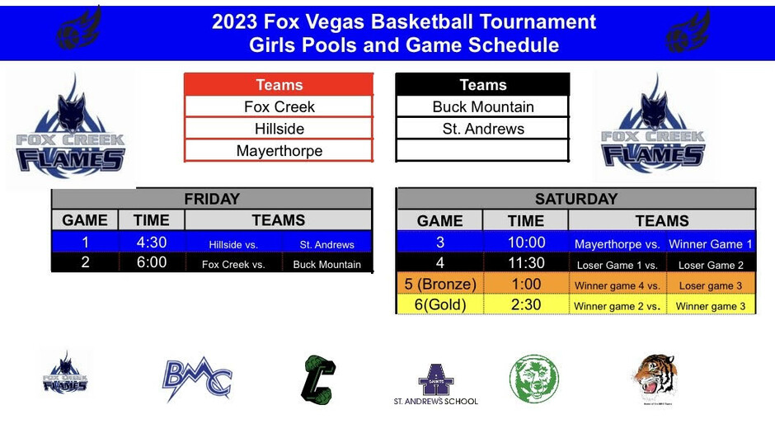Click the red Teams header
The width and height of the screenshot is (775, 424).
pyautogui.click(x=279, y=85)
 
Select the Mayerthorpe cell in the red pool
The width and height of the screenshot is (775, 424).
pyautogui.click(x=279, y=150)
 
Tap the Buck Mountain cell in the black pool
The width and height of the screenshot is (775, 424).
pyautogui.click(x=483, y=106)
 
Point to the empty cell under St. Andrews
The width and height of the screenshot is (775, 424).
pyautogui.click(x=483, y=150)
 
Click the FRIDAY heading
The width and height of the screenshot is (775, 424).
pyautogui.click(x=212, y=199)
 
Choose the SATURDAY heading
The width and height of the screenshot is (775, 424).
pyautogui.click(x=576, y=199)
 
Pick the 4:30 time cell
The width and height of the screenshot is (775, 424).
pyautogui.click(x=151, y=243)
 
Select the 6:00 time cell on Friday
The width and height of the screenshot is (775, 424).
pyautogui.click(x=151, y=262)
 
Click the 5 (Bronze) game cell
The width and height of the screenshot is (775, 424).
pyautogui.click(x=440, y=284)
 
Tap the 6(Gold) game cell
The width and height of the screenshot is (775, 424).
pyautogui.click(x=440, y=304)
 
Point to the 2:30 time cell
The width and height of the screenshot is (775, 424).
pyautogui.click(x=526, y=304)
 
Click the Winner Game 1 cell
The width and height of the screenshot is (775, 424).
pyautogui.click(x=710, y=244)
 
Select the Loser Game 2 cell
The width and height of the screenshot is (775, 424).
pyautogui.click(x=710, y=265)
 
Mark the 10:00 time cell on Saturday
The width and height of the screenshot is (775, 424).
pyautogui.click(x=526, y=243)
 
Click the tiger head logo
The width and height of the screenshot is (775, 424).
pyautogui.click(x=656, y=379)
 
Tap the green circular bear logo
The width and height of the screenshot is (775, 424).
pyautogui.click(x=533, y=379)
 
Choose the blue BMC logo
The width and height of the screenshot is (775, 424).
pyautogui.click(x=197, y=379)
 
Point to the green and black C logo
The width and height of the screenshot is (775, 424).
pyautogui.click(x=319, y=379)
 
